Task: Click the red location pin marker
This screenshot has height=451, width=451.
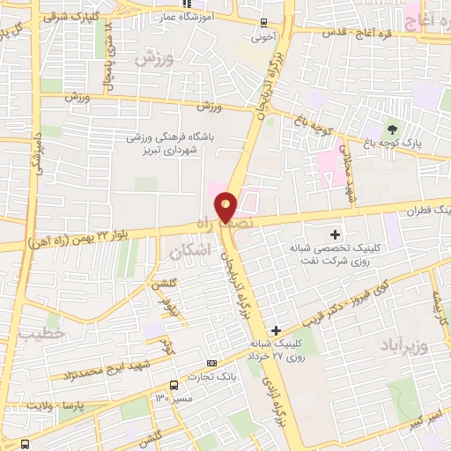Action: tap(226, 207)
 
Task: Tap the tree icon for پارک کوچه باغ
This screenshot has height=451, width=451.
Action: tap(393, 129)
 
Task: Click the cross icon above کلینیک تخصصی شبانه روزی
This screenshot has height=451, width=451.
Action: tap(335, 234)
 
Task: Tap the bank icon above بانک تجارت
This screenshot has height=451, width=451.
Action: tap(211, 362)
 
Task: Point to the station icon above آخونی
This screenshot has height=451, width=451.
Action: tap(262, 24)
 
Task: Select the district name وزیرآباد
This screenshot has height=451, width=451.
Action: tap(402, 343)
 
